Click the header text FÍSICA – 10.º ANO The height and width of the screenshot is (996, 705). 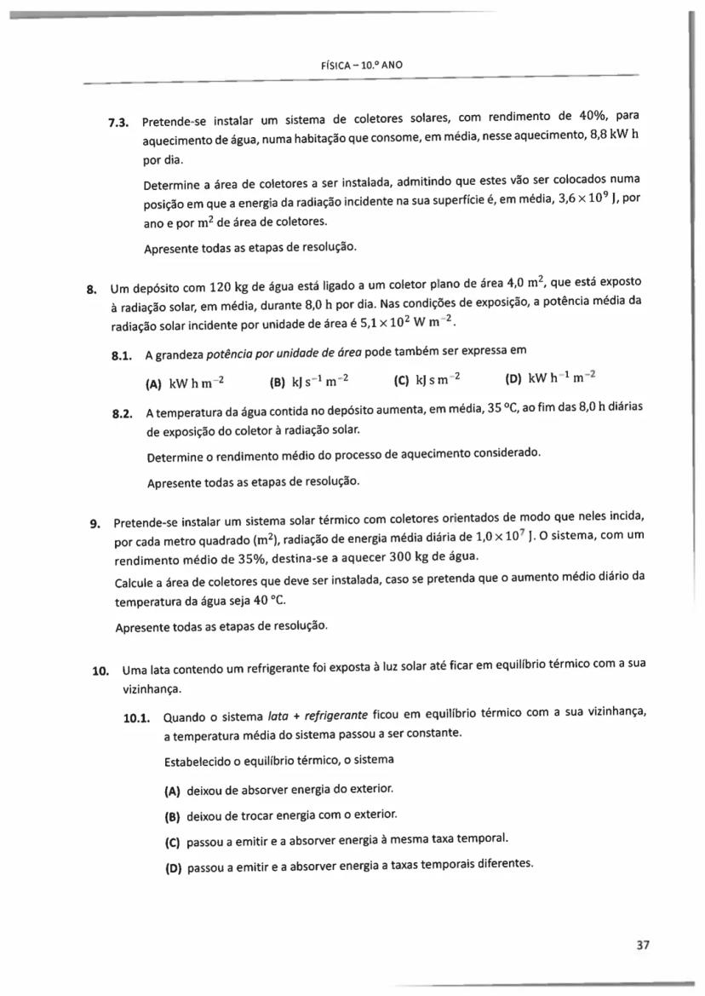(x=353, y=64)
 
